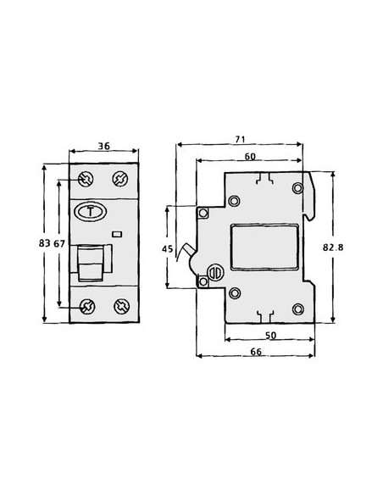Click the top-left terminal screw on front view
(x=85, y=180)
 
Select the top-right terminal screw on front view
(x=119, y=180)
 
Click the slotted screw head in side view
(x=215, y=273)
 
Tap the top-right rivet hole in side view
(x=297, y=187)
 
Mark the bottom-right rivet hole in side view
(x=297, y=309)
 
